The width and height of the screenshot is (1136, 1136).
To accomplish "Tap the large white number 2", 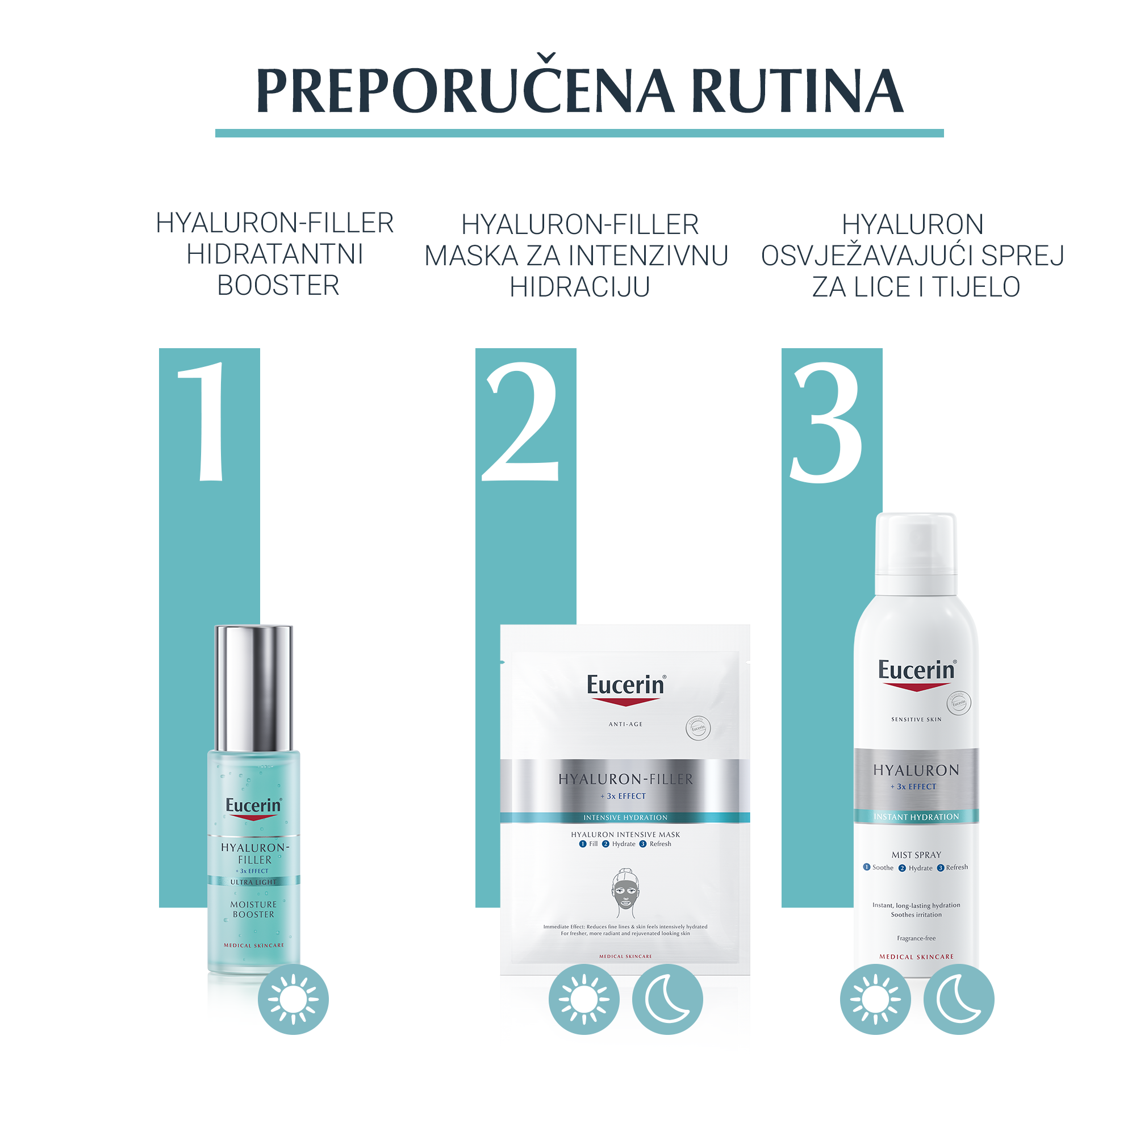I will tap(520, 421).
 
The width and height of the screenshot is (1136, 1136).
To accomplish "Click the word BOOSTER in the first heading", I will tap(278, 286).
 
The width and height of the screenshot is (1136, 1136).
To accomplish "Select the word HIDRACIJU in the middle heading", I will tap(580, 287).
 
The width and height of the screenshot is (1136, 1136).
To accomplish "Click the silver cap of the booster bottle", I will tap(254, 688).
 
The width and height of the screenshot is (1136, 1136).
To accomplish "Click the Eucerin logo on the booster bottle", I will tap(254, 806).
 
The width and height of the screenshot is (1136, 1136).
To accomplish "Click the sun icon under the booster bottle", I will tap(293, 999).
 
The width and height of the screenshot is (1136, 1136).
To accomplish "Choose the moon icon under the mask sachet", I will tap(667, 999).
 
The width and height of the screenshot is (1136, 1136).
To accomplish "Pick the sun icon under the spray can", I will tap(875, 999).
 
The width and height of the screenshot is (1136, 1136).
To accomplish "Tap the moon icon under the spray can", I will tap(958, 999).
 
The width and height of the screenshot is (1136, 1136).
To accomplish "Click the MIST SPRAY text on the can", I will tap(916, 855).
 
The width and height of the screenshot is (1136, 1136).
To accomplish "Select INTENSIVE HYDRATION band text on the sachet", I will tap(625, 817).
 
